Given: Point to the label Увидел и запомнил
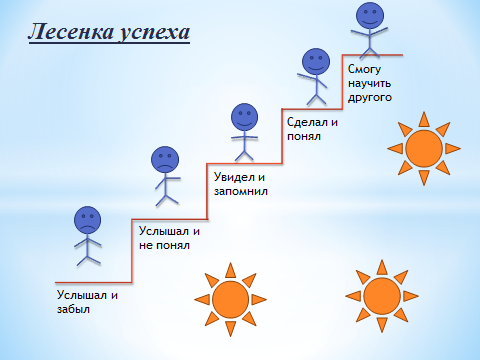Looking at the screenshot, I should click(245, 184).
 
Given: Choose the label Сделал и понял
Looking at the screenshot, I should click(312, 130).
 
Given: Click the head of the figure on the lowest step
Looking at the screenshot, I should click(89, 219).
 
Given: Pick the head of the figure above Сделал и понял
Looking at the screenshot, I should click(316, 59).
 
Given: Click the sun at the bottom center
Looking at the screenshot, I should click(230, 299).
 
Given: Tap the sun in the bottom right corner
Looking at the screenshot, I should click(381, 296).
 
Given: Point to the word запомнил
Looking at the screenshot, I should click(245, 191).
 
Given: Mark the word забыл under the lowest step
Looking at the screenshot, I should click(73, 309).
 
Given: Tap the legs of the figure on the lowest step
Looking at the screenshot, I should click(89, 258).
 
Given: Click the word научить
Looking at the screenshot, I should click(369, 84).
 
